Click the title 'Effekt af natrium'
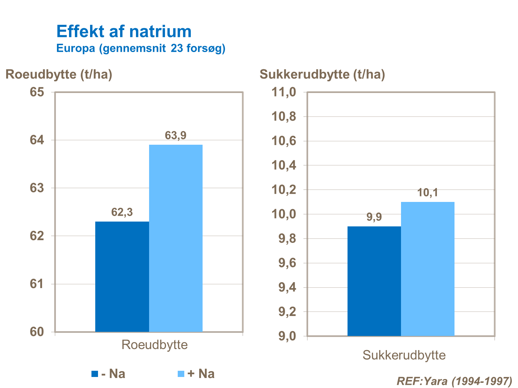point(124,31)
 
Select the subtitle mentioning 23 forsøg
point(141,48)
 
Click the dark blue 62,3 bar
point(122,276)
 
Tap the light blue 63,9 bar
point(176,238)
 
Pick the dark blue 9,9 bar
point(374,281)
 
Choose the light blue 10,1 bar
point(428,269)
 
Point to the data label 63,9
point(176,135)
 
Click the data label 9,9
point(374,217)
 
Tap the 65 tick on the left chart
point(37,92)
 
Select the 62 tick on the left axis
point(37,236)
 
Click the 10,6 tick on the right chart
point(284,141)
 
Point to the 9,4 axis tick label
point(287,287)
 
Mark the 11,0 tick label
point(284,92)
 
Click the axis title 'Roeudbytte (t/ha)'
point(59,74)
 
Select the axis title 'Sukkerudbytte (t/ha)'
point(322,74)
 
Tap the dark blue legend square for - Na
point(95,374)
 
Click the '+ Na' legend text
point(201,374)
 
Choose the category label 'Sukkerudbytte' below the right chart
point(404,355)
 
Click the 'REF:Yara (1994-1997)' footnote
point(455,381)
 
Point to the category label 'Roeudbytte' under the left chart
point(155,345)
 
